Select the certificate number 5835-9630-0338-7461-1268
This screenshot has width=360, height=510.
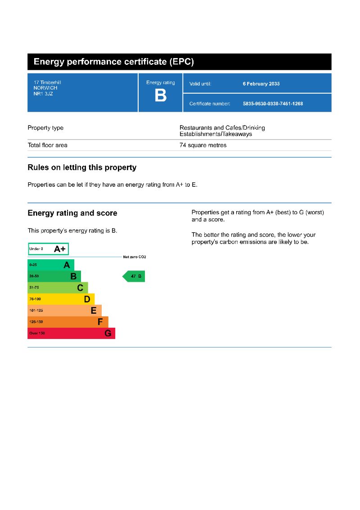coord(273,104)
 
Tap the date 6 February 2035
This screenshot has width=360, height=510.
coord(261,84)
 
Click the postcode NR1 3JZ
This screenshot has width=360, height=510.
coord(43,94)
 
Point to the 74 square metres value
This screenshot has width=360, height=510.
coord(203,145)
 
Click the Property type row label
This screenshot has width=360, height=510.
coord(45,128)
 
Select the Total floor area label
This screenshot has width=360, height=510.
coord(47,145)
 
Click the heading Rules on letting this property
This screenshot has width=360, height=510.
coord(82,167)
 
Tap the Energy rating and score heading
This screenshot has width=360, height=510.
coord(72,213)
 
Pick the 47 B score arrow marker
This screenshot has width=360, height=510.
coord(134,276)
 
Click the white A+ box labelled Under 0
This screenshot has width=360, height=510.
coord(48,249)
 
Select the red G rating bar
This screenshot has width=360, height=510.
coord(71,333)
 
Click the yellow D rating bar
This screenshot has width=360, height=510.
coord(61,299)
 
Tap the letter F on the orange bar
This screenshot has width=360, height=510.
coord(100,322)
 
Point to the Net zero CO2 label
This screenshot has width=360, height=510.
coord(135,257)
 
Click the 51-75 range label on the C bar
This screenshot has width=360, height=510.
coord(34,288)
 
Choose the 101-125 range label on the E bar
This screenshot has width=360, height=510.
coord(36,311)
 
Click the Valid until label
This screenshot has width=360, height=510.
coord(200,84)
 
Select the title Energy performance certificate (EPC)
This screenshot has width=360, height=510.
coord(114,62)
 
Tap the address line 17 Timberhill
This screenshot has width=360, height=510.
coord(47,83)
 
